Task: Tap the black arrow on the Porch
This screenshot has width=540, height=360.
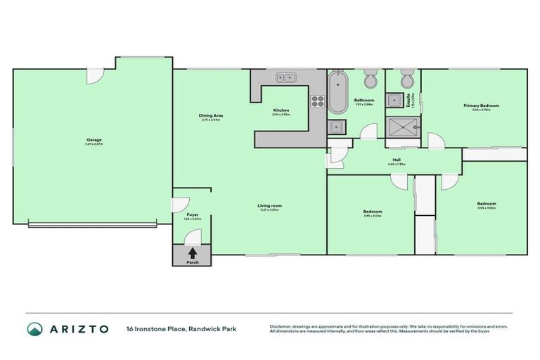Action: point(193,252)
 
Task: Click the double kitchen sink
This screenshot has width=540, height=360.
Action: point(285,77)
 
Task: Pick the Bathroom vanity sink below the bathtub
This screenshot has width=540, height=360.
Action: point(337,127)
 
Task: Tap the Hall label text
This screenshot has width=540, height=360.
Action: point(397,160)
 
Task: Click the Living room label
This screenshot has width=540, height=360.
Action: point(269,205)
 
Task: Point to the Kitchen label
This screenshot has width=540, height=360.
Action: point(281,111)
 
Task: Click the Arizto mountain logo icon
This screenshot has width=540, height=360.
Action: point(34,328)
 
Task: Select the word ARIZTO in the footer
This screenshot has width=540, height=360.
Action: point(77,328)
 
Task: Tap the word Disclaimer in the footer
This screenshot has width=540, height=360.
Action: point(281,326)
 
